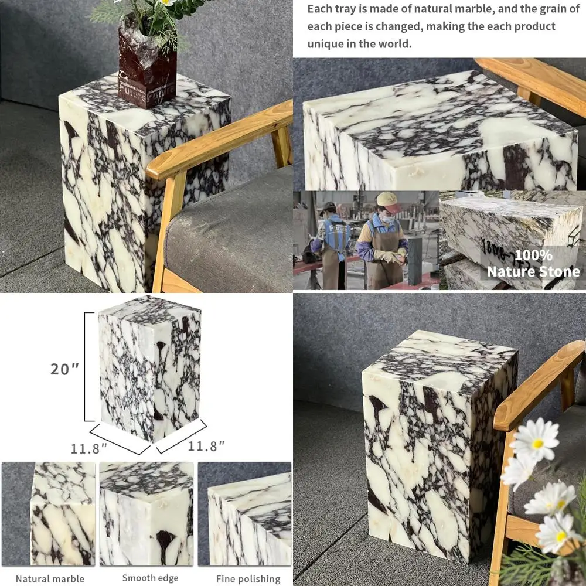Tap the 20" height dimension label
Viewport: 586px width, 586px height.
(64, 369)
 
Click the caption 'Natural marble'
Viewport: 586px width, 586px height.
(50, 579)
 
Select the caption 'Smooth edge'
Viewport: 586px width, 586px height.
(150, 578)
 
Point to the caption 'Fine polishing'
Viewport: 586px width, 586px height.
(248, 579)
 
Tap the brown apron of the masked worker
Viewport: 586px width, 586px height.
(384, 261)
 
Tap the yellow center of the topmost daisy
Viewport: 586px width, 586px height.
(537, 444)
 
